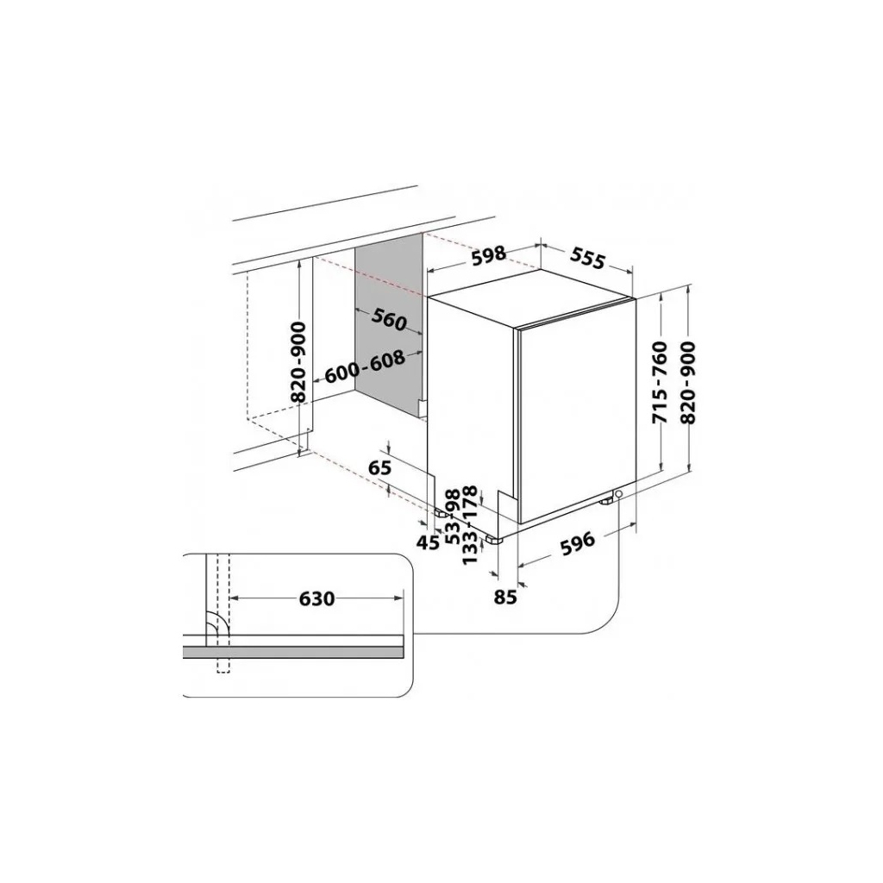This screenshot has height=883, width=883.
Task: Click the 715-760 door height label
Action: pos(660,382)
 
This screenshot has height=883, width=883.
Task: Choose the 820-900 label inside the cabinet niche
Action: pos(298,362)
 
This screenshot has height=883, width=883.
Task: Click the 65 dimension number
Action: pos(380,468)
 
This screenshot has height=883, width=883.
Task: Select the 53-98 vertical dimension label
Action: pos(452,515)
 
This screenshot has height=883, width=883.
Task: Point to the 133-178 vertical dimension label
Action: pos(470,524)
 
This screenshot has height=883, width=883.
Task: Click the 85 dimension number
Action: pos(505,595)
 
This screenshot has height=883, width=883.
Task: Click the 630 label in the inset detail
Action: pos(316,598)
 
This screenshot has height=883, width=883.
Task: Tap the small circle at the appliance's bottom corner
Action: pos(618,494)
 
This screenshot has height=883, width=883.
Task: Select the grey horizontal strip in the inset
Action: pos(293,653)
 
